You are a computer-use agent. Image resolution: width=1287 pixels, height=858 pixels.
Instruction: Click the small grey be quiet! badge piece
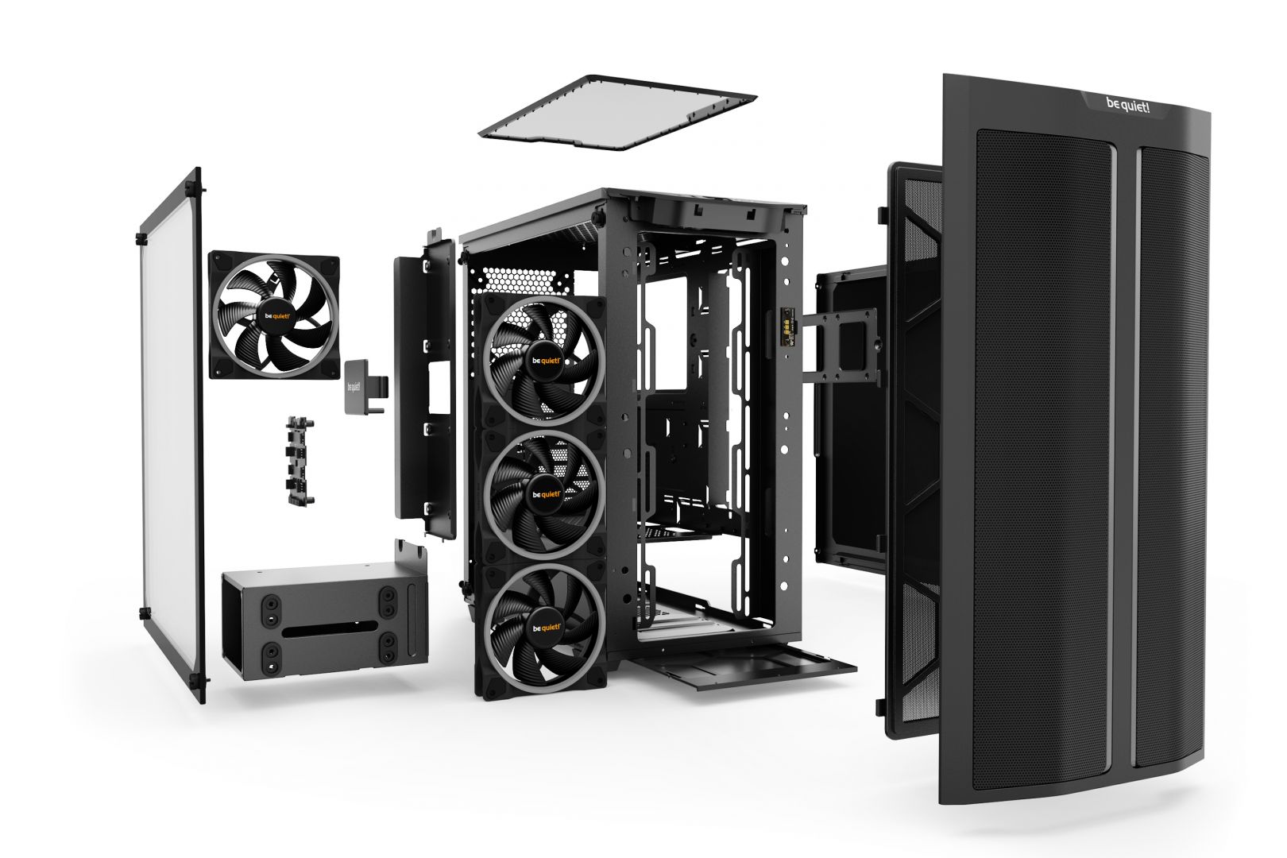[x=355, y=386]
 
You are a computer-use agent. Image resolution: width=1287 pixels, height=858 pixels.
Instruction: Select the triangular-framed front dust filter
[x=914, y=445]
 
